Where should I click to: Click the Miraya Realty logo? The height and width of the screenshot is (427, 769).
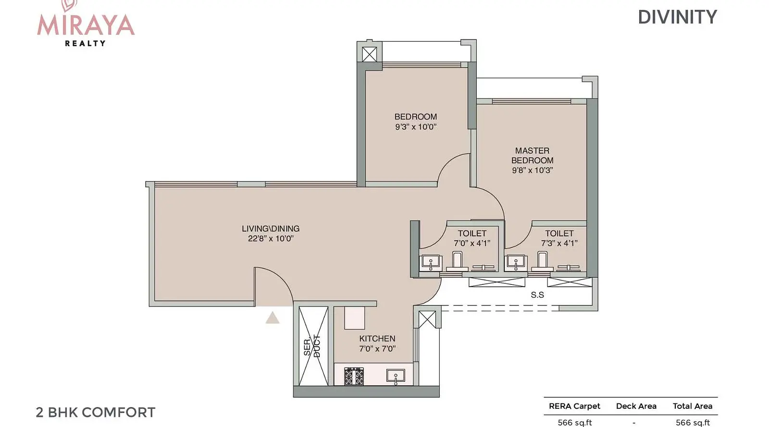point(86,24)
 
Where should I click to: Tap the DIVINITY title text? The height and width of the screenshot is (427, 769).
point(677,17)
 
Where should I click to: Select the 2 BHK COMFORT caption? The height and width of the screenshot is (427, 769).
point(96,412)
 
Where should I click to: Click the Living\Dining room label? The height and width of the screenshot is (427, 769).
point(271,229)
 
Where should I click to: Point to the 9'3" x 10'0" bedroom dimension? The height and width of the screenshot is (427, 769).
point(415,127)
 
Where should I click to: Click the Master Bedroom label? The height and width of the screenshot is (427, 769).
point(532,155)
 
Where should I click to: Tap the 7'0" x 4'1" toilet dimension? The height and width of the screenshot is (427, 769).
point(471,243)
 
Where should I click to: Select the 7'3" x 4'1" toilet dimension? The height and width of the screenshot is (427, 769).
point(559,243)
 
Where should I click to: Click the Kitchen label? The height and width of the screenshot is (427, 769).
point(377,339)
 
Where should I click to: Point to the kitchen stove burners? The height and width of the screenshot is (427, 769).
point(354,376)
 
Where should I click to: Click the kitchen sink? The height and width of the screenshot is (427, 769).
point(396,376)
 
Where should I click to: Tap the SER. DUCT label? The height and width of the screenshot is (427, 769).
point(312,346)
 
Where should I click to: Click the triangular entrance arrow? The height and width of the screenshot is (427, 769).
point(272,317)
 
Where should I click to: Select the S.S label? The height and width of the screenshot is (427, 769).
point(537,294)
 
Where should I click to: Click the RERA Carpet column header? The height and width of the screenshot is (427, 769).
point(574,406)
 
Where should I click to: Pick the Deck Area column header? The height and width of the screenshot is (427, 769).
point(636,406)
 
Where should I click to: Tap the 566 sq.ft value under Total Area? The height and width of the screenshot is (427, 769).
point(693,423)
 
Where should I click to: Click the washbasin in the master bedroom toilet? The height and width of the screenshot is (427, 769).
point(515,263)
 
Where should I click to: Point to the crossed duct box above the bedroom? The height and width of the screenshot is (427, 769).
point(370,54)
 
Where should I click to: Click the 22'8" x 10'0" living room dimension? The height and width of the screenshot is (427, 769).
point(271,238)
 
